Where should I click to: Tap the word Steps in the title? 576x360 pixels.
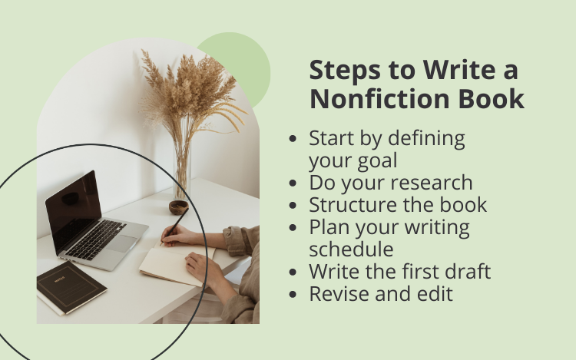(x=345, y=70)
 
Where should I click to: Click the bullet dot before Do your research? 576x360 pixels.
(x=293, y=183)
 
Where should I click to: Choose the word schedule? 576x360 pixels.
(x=351, y=249)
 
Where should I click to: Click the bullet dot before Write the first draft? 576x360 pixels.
(x=293, y=272)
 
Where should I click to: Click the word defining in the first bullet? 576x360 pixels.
(x=426, y=139)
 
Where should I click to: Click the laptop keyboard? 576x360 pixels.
(x=95, y=239)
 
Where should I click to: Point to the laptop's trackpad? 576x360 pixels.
(x=121, y=243)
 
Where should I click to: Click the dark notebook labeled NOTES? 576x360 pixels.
(x=71, y=287)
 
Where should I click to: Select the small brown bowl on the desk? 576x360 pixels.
(x=178, y=207)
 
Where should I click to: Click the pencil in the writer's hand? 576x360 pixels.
(x=175, y=226)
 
